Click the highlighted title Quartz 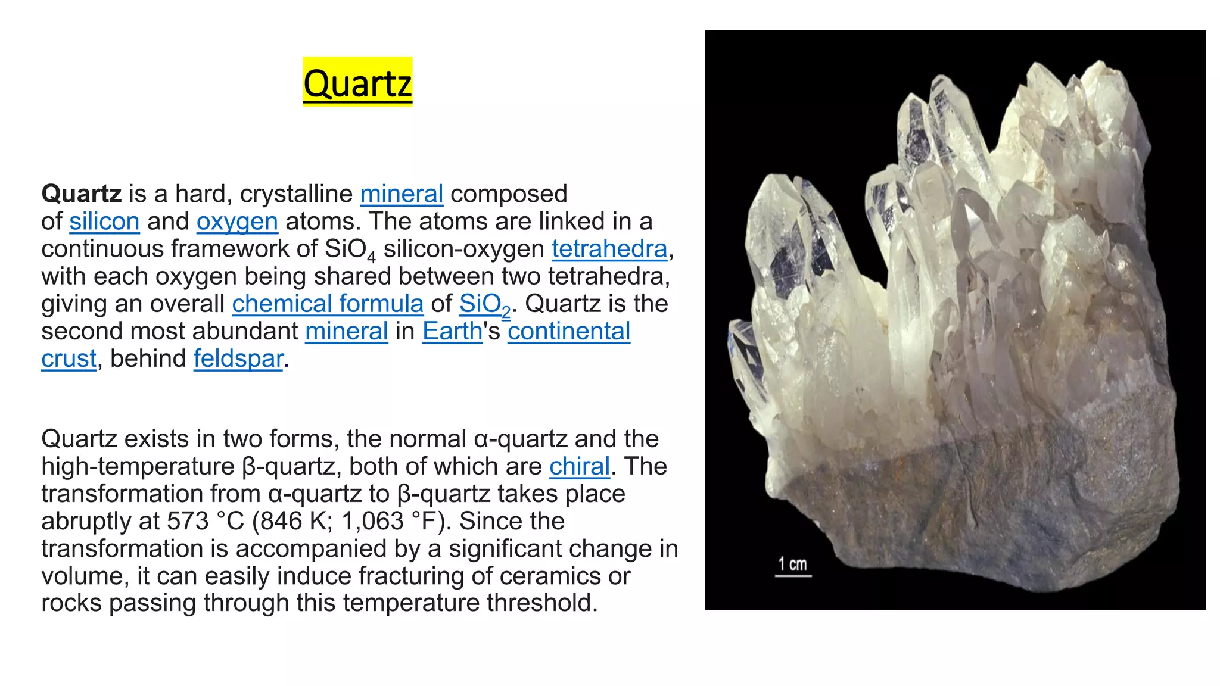coord(357,83)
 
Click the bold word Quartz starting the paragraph coord(81,194)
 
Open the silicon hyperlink coord(104,222)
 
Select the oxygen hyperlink coord(237,222)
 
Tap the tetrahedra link coord(609,249)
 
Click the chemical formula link coord(328,304)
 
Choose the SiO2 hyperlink coord(484,304)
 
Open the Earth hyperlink coord(452,331)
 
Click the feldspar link coord(238,358)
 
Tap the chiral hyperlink coord(579,466)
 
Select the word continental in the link coord(568,331)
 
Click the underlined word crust coord(69,358)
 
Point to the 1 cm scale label coord(792,564)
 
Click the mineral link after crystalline coord(402,194)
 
